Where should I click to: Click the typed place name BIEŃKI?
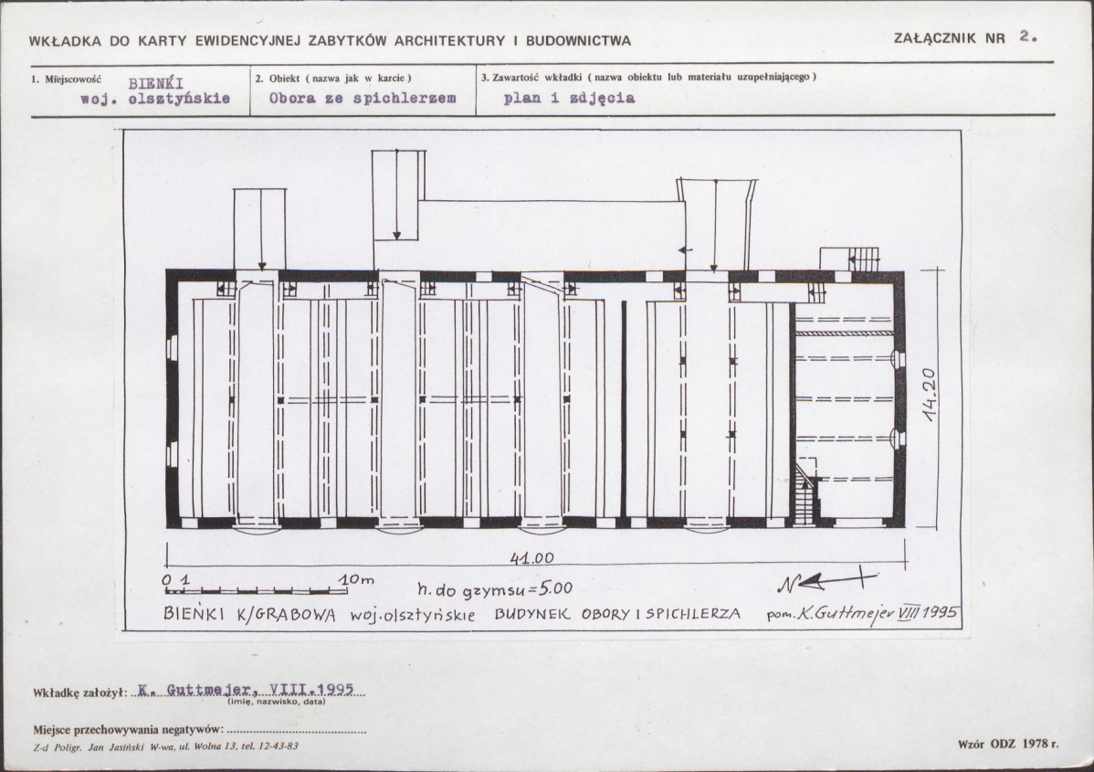[155, 84]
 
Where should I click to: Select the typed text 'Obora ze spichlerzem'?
[363, 98]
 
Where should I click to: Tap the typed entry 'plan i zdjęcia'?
[569, 98]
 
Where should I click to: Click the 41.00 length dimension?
[531, 557]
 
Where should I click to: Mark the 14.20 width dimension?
[929, 395]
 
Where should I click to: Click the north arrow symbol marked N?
[826, 581]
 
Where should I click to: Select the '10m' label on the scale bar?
[356, 579]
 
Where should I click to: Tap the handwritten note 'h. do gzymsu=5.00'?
[495, 590]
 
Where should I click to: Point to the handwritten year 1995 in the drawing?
[940, 612]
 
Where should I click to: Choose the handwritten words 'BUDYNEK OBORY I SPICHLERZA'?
[617, 614]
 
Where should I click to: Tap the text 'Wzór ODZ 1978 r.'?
[1008, 744]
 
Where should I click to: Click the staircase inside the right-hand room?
[805, 492]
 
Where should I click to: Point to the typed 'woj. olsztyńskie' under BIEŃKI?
[155, 99]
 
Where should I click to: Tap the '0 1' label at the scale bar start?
[176, 579]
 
